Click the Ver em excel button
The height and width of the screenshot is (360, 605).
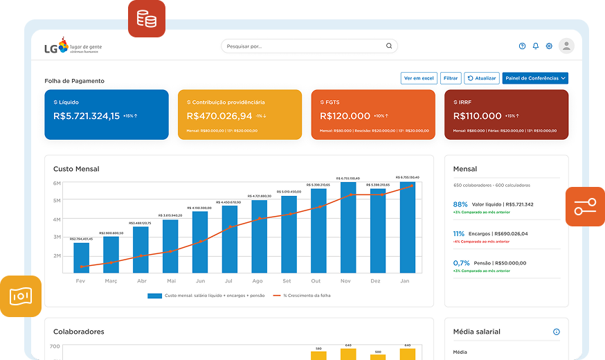tap(419, 78)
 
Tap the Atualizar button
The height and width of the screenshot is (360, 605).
tap(481, 78)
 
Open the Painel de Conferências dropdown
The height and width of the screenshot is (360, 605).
tap(535, 78)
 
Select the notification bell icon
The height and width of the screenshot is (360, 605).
tap(535, 46)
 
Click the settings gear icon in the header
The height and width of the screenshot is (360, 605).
tap(549, 46)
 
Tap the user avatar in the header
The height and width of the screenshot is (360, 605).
tap(566, 46)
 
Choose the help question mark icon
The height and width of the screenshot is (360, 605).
tap(522, 46)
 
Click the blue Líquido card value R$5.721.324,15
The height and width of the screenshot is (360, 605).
tap(87, 116)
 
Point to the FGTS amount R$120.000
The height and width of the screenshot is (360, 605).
tap(345, 116)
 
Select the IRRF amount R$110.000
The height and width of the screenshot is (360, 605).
tap(478, 116)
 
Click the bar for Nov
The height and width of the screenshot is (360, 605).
tap(348, 228)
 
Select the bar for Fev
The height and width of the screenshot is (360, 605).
tap(82, 258)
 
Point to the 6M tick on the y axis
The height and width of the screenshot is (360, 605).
tap(57, 183)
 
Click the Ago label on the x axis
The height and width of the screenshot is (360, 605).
tap(258, 281)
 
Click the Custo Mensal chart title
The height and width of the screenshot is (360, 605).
tap(76, 169)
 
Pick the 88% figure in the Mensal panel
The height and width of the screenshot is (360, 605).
tap(460, 205)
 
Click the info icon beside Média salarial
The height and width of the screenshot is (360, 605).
tap(556, 332)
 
